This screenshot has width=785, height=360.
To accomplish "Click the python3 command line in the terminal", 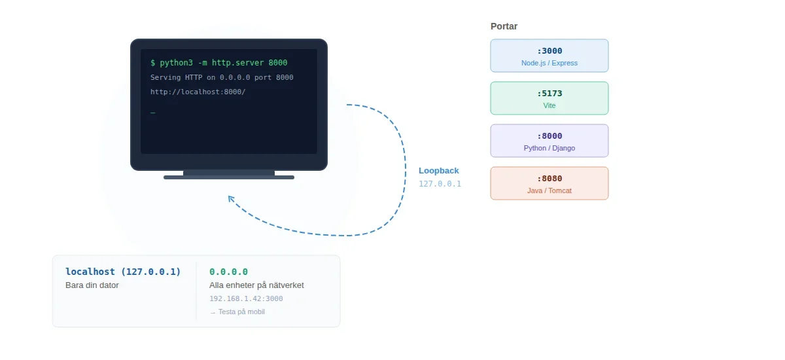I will pyautogui.click(x=218, y=63).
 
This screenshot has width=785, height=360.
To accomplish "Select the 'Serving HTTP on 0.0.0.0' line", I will pyautogui.click(x=222, y=77).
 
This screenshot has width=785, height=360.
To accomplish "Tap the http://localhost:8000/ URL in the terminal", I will pyautogui.click(x=198, y=92).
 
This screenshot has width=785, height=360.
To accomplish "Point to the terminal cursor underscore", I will pyautogui.click(x=153, y=113).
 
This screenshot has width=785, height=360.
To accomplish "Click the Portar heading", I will pyautogui.click(x=504, y=27).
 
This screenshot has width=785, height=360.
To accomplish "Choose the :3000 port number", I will pyautogui.click(x=549, y=51).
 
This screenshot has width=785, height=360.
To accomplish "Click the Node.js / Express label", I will pyautogui.click(x=549, y=63).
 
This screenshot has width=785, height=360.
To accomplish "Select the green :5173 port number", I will pyautogui.click(x=549, y=94).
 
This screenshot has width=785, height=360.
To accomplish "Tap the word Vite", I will pyautogui.click(x=549, y=105).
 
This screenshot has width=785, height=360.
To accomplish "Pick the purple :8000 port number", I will pyautogui.click(x=549, y=136).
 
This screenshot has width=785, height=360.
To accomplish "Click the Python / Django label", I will pyautogui.click(x=549, y=149).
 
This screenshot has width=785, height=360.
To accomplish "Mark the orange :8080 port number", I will pyautogui.click(x=549, y=179).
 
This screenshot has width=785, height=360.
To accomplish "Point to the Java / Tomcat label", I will pyautogui.click(x=549, y=191).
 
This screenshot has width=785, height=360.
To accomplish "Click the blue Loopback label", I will pyautogui.click(x=438, y=171).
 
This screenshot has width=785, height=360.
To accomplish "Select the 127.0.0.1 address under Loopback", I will pyautogui.click(x=440, y=184).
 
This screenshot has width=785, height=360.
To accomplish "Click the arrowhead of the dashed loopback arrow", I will pyautogui.click(x=230, y=198).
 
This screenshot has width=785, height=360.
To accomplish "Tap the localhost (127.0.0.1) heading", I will pyautogui.click(x=123, y=272).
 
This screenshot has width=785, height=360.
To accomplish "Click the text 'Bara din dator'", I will pyautogui.click(x=92, y=285).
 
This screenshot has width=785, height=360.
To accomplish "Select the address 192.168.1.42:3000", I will pyautogui.click(x=246, y=299).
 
